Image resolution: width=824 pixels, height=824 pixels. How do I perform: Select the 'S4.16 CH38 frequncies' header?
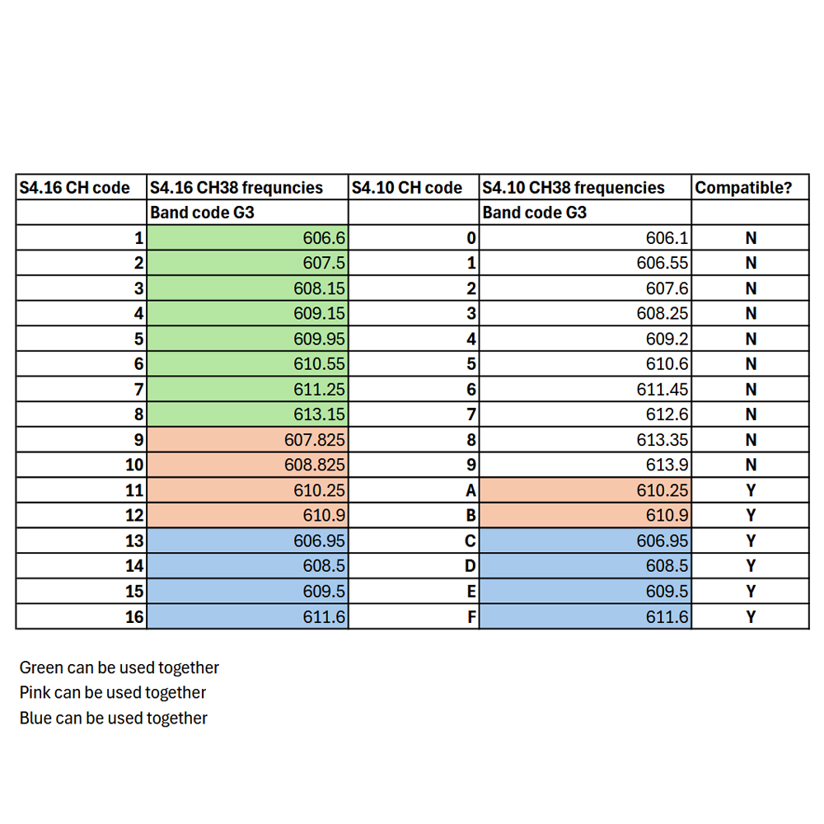coord(236,188)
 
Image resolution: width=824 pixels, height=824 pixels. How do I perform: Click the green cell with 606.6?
coord(247,237)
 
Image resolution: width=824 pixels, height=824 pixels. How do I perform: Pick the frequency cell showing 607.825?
coord(247,439)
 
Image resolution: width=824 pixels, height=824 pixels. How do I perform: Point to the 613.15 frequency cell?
coord(247,414)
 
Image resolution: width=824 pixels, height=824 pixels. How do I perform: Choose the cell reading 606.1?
coord(585,237)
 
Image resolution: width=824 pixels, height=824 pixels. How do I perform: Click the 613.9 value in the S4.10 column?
coord(585,465)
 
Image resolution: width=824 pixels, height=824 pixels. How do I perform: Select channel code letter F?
coord(471,616)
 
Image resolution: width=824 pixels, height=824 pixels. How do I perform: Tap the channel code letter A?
coord(471,490)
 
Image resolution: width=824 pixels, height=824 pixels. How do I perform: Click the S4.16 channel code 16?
coord(134,616)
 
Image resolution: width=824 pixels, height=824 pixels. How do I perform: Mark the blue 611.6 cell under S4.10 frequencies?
coord(585,616)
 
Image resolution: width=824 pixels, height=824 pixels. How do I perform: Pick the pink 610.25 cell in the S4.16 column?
coord(247,490)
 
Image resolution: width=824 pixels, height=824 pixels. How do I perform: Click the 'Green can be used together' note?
coord(119,667)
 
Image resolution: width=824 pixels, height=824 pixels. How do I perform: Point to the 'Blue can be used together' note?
coord(113,718)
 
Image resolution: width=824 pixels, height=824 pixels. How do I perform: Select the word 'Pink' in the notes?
coord(35,693)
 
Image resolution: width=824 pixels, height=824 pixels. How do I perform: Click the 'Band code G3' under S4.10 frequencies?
coord(535,213)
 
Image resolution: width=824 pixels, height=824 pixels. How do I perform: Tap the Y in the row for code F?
coord(751,616)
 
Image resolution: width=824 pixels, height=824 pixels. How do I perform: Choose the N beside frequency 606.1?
coord(751,238)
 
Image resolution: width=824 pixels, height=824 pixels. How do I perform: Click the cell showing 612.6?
coord(585,414)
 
